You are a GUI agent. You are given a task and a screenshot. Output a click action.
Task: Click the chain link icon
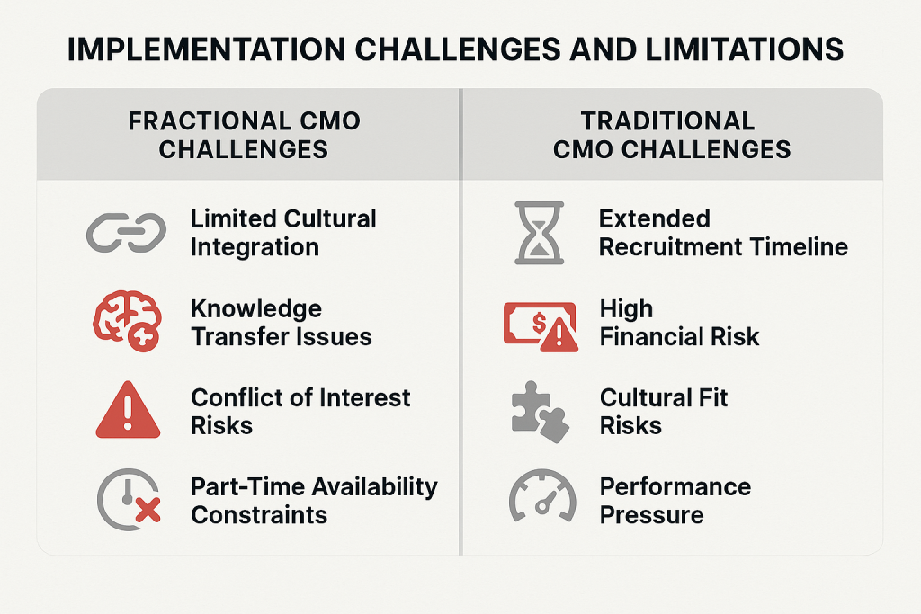point(126,232)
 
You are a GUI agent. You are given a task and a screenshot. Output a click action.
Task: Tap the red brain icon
point(127,321)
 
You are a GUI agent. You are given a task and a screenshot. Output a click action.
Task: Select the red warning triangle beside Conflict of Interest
point(128,410)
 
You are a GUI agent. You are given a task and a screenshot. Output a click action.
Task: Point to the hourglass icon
point(540,233)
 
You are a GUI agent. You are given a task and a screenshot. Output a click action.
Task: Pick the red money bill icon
point(541,326)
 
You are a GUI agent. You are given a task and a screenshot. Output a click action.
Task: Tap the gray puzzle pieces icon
point(540,412)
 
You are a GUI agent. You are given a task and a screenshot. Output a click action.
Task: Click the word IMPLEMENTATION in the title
point(207,49)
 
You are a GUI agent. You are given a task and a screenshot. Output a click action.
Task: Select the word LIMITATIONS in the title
point(744,49)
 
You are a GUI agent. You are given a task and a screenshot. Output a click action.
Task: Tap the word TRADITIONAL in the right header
point(668,121)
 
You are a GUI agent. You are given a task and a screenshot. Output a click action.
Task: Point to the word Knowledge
point(256,309)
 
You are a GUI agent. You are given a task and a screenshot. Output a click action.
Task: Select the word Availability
point(375,487)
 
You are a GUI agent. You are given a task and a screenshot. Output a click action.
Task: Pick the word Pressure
point(651,515)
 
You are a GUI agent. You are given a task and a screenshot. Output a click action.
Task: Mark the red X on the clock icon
point(148,510)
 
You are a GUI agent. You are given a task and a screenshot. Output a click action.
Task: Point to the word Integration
point(255,248)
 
